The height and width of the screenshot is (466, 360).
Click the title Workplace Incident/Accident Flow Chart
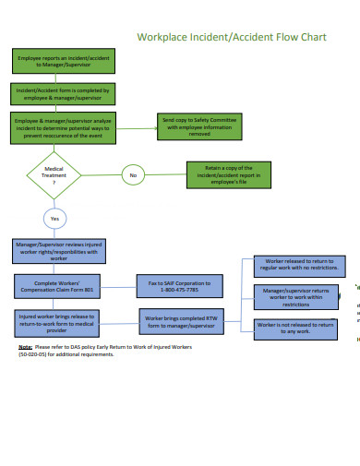tap(232, 38)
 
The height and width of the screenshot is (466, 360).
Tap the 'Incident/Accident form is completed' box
tap(61, 95)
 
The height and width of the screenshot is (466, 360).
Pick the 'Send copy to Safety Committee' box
tap(199, 126)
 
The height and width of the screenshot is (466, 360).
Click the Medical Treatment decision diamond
tap(54, 174)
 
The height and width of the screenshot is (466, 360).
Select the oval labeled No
tap(133, 174)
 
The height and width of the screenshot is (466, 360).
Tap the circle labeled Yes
tap(54, 219)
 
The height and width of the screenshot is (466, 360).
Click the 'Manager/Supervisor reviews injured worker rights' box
tap(59, 251)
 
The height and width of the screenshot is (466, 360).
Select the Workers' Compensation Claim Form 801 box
tap(58, 286)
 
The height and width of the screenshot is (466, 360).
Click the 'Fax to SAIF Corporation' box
tap(179, 286)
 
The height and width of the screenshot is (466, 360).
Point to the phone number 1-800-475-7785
tap(179, 291)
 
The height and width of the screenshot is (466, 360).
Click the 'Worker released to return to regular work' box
tap(294, 267)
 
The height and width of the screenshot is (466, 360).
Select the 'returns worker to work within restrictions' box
tap(294, 296)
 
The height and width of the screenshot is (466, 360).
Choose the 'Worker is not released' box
tap(294, 329)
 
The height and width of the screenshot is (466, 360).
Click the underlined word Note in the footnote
tap(25, 347)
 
